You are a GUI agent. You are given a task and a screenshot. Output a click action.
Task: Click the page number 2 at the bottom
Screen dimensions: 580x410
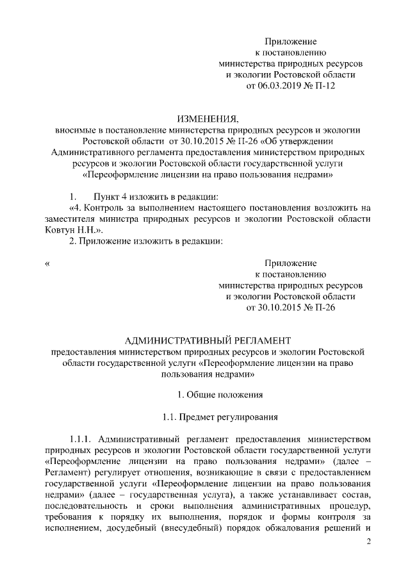tap(368, 543)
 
